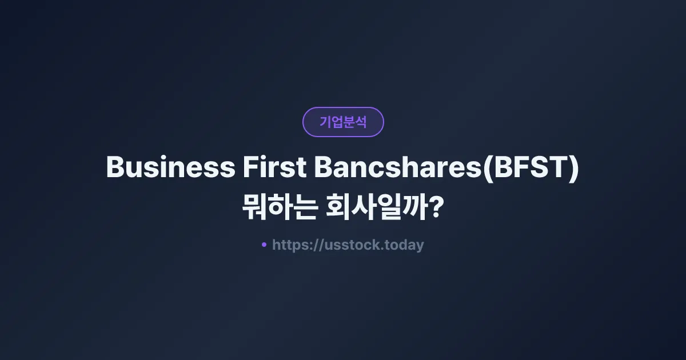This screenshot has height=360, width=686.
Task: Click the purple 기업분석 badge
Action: (x=343, y=122)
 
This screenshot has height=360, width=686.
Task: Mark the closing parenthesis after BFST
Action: (x=573, y=169)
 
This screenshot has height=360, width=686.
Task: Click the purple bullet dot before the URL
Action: (x=264, y=245)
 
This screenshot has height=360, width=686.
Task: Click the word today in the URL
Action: (x=405, y=245)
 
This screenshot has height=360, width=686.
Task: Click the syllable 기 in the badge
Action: (x=325, y=122)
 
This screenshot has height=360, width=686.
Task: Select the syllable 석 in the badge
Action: (x=361, y=122)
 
